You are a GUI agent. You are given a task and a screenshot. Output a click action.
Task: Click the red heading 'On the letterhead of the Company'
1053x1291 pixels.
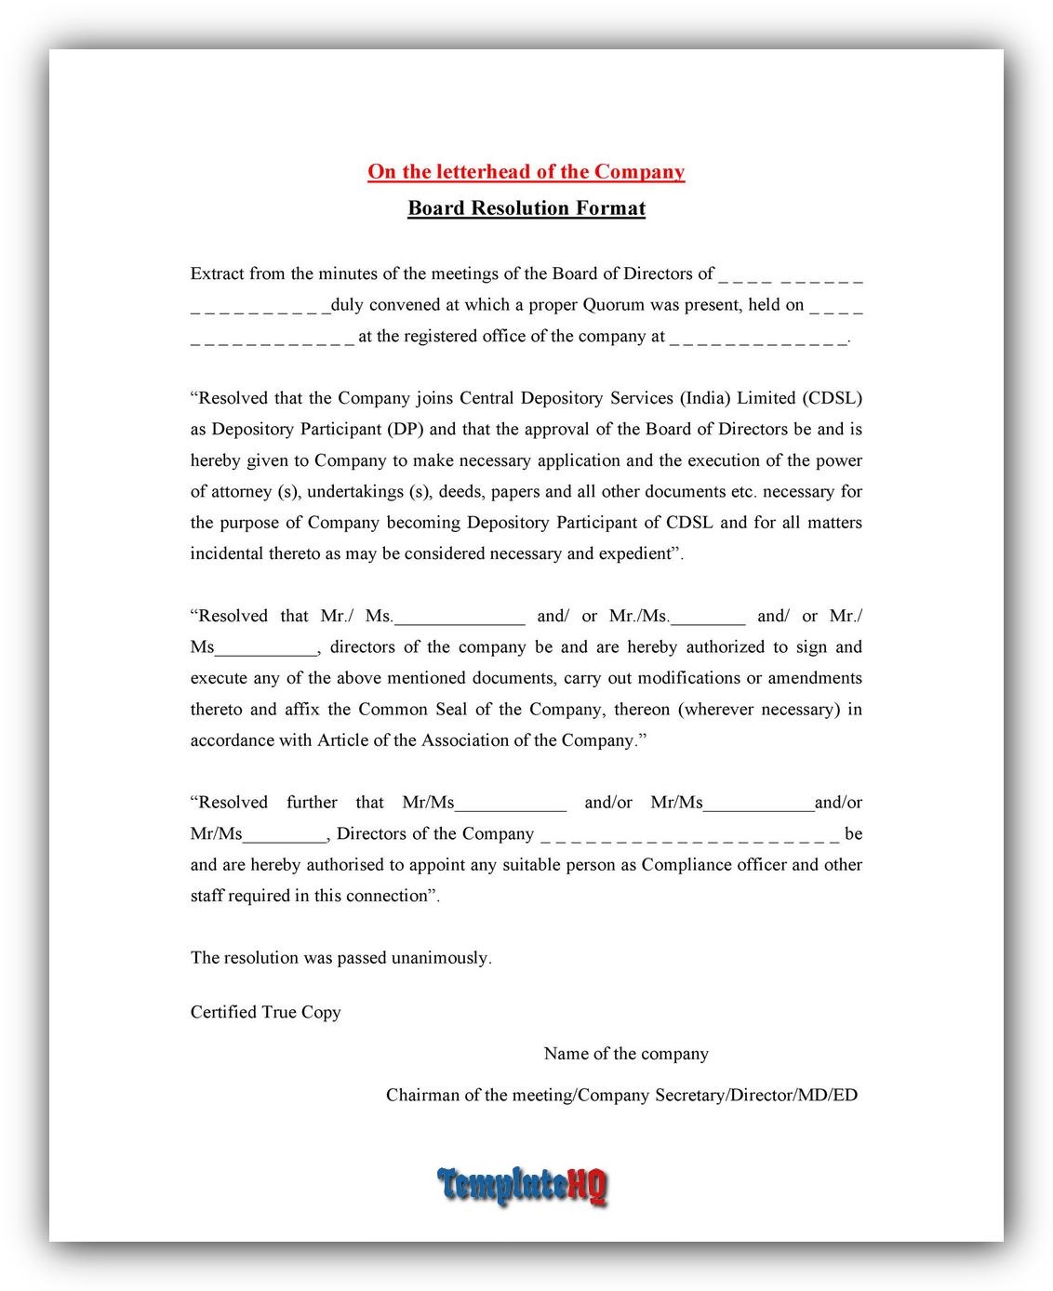click(x=526, y=172)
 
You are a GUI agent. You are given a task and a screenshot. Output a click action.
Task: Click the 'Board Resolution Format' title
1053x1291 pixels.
click(x=526, y=208)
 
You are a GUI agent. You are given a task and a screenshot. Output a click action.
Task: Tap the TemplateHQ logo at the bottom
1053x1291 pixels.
click(x=522, y=1186)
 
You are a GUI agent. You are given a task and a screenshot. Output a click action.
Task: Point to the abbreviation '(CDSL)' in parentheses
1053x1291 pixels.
click(x=832, y=398)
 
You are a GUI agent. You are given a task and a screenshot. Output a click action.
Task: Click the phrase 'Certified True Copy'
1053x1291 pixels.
click(x=265, y=1013)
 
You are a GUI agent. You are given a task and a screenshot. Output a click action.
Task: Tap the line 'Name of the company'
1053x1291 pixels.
click(x=626, y=1054)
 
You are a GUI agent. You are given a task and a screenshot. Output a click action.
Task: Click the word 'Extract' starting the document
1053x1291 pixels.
click(x=217, y=274)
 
